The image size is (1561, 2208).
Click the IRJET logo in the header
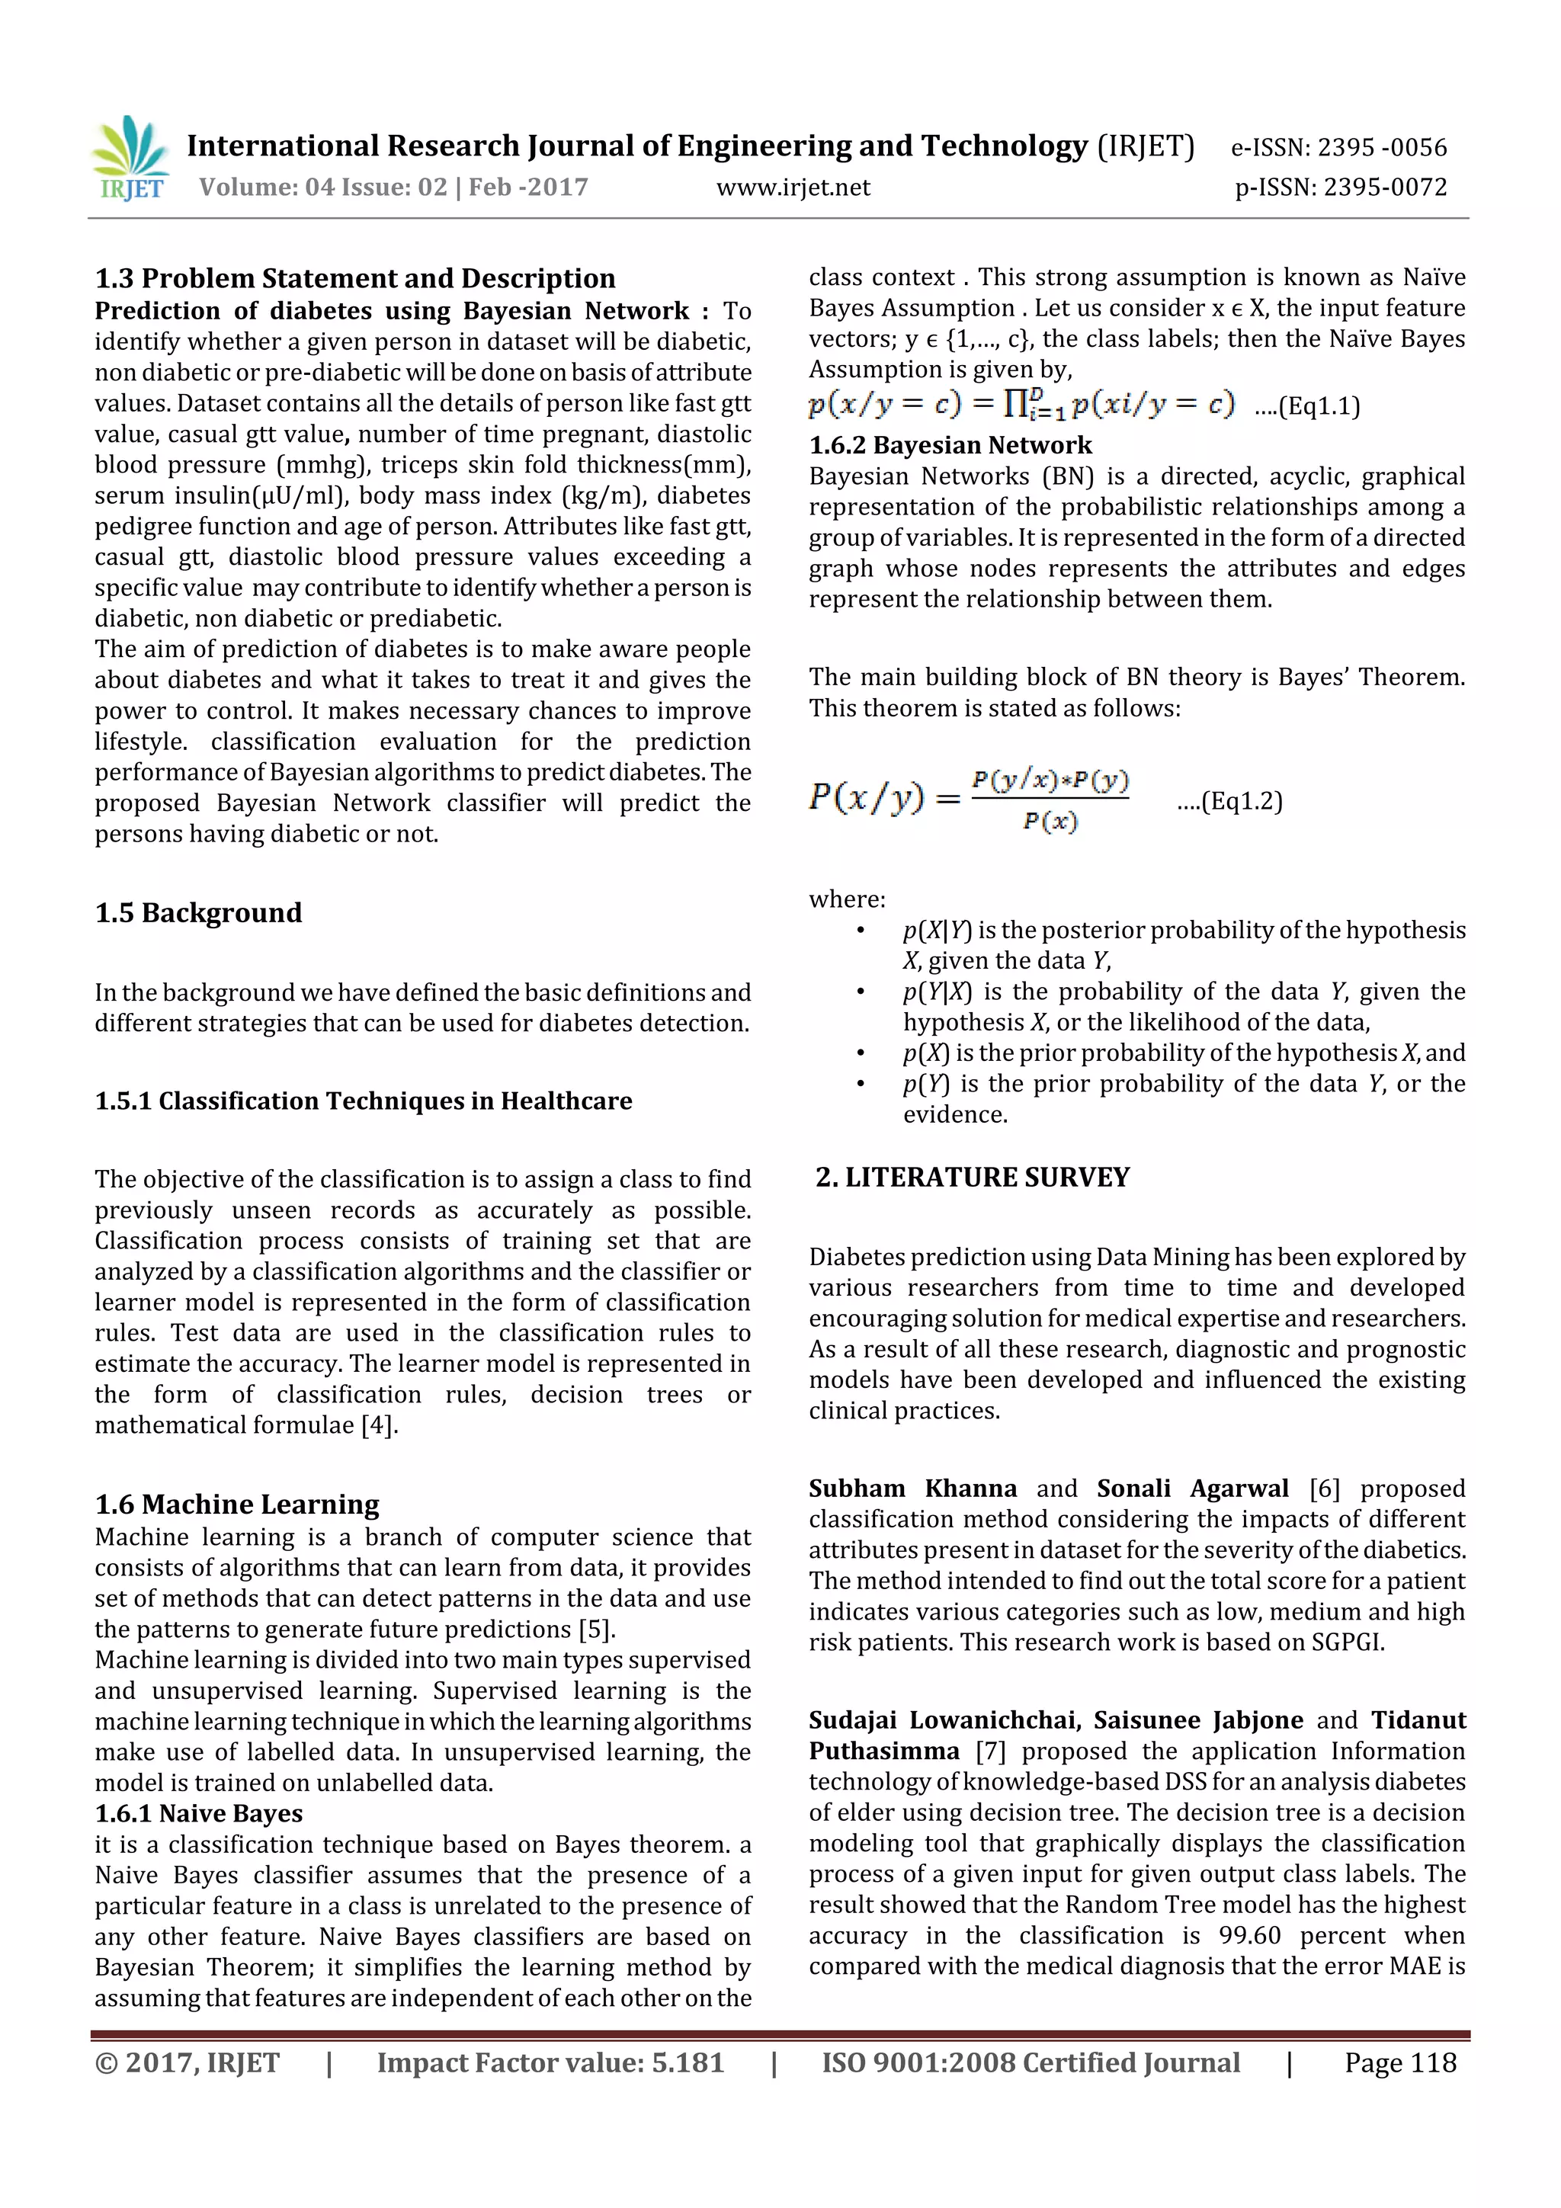(130, 159)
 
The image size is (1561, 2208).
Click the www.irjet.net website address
(793, 187)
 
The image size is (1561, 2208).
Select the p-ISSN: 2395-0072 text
(1341, 187)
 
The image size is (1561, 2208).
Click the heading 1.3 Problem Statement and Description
(355, 279)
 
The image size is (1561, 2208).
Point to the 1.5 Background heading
(198, 912)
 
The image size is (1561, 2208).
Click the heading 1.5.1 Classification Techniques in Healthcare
(364, 1101)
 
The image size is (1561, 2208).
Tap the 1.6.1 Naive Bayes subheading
(198, 1814)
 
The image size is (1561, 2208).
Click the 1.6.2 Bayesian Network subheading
(950, 445)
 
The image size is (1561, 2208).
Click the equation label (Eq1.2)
(1230, 802)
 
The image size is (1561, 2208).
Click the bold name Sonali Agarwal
(1193, 1489)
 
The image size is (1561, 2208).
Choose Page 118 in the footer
(1400, 2062)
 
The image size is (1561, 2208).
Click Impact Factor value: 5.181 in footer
(550, 2062)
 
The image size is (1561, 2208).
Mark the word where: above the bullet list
(846, 899)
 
